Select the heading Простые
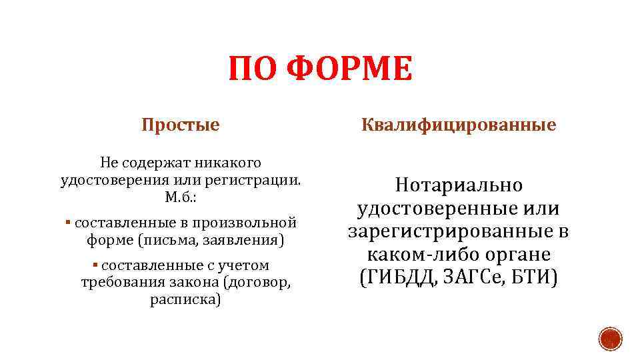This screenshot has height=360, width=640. (181, 125)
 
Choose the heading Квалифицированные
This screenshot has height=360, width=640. (459, 125)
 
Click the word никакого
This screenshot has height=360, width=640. (227, 163)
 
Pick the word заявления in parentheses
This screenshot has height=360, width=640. (247, 239)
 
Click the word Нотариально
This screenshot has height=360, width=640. (459, 185)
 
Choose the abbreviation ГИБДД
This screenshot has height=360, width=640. (399, 277)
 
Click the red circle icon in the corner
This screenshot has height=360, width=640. (609, 339)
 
